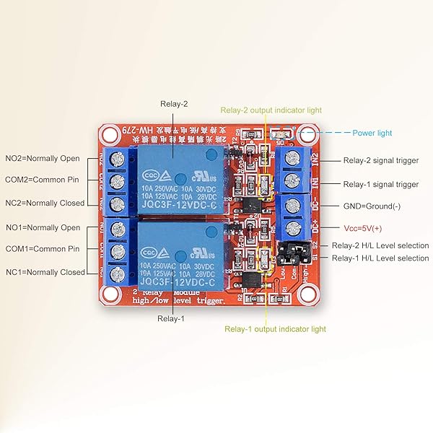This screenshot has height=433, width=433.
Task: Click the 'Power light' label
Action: coord(372,133)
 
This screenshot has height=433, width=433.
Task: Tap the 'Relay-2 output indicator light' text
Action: coord(271,110)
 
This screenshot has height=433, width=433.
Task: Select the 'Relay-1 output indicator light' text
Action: coord(275,329)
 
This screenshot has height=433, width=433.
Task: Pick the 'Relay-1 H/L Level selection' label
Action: coord(380,258)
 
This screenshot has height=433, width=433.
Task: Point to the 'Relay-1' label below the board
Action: coord(172,318)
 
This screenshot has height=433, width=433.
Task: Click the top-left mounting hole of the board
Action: coord(109,134)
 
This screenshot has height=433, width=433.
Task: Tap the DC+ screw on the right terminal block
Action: coord(293,229)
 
